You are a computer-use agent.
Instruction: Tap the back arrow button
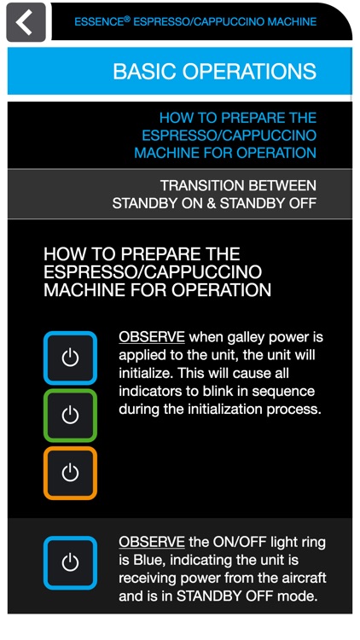coord(26,22)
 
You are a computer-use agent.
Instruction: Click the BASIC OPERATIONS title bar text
coord(214,72)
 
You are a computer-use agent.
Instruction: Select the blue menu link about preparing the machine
coord(225,135)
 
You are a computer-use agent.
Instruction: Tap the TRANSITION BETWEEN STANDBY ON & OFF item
coord(214,194)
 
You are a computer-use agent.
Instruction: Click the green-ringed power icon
coord(71,416)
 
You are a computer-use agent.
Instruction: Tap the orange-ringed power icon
coord(71,473)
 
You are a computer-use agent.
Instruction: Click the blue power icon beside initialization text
coord(71,358)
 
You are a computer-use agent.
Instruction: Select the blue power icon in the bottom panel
coord(71,562)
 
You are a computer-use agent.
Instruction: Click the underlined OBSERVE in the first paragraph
coord(152,337)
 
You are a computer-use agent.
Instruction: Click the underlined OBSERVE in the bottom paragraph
coord(152,542)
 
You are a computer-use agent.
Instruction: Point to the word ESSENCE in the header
coord(99,21)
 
